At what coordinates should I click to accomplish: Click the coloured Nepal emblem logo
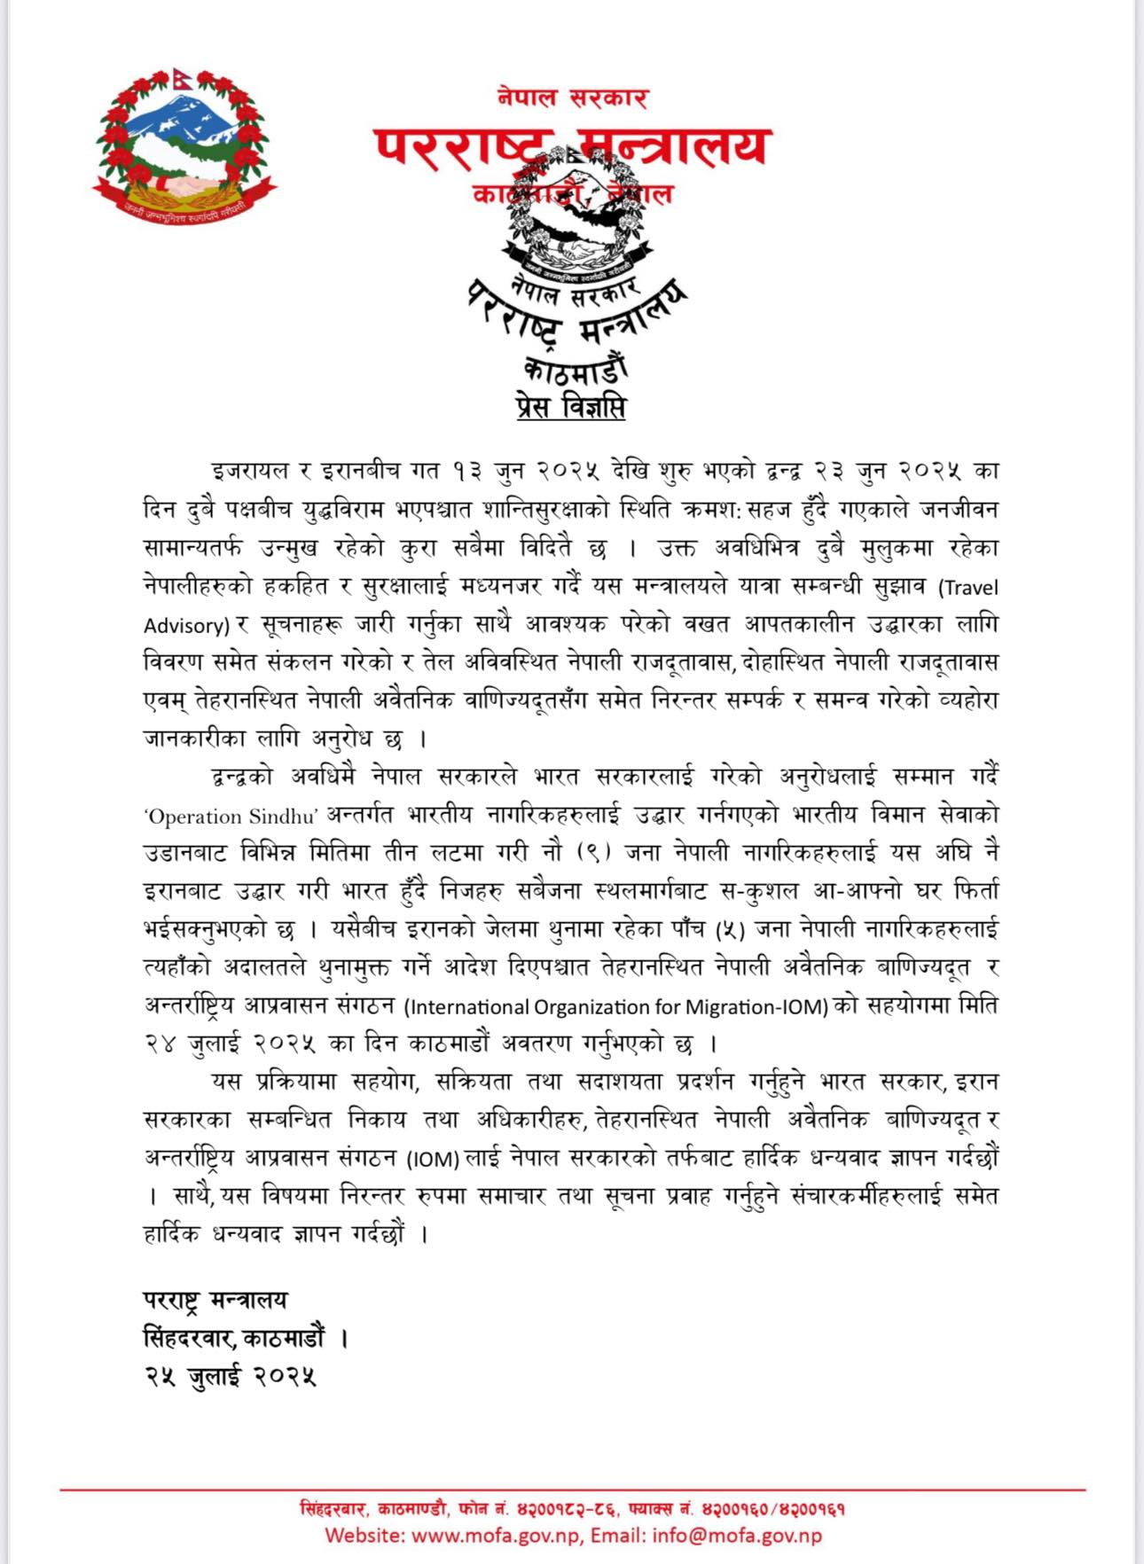click(x=184, y=146)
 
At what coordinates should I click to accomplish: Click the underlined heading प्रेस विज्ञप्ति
click(x=571, y=407)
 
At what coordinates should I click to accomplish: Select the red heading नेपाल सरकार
click(x=573, y=98)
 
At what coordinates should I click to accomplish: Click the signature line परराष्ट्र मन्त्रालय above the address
click(x=215, y=1300)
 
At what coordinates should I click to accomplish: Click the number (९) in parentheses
click(x=592, y=854)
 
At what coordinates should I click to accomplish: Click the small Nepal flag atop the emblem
click(x=184, y=81)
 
